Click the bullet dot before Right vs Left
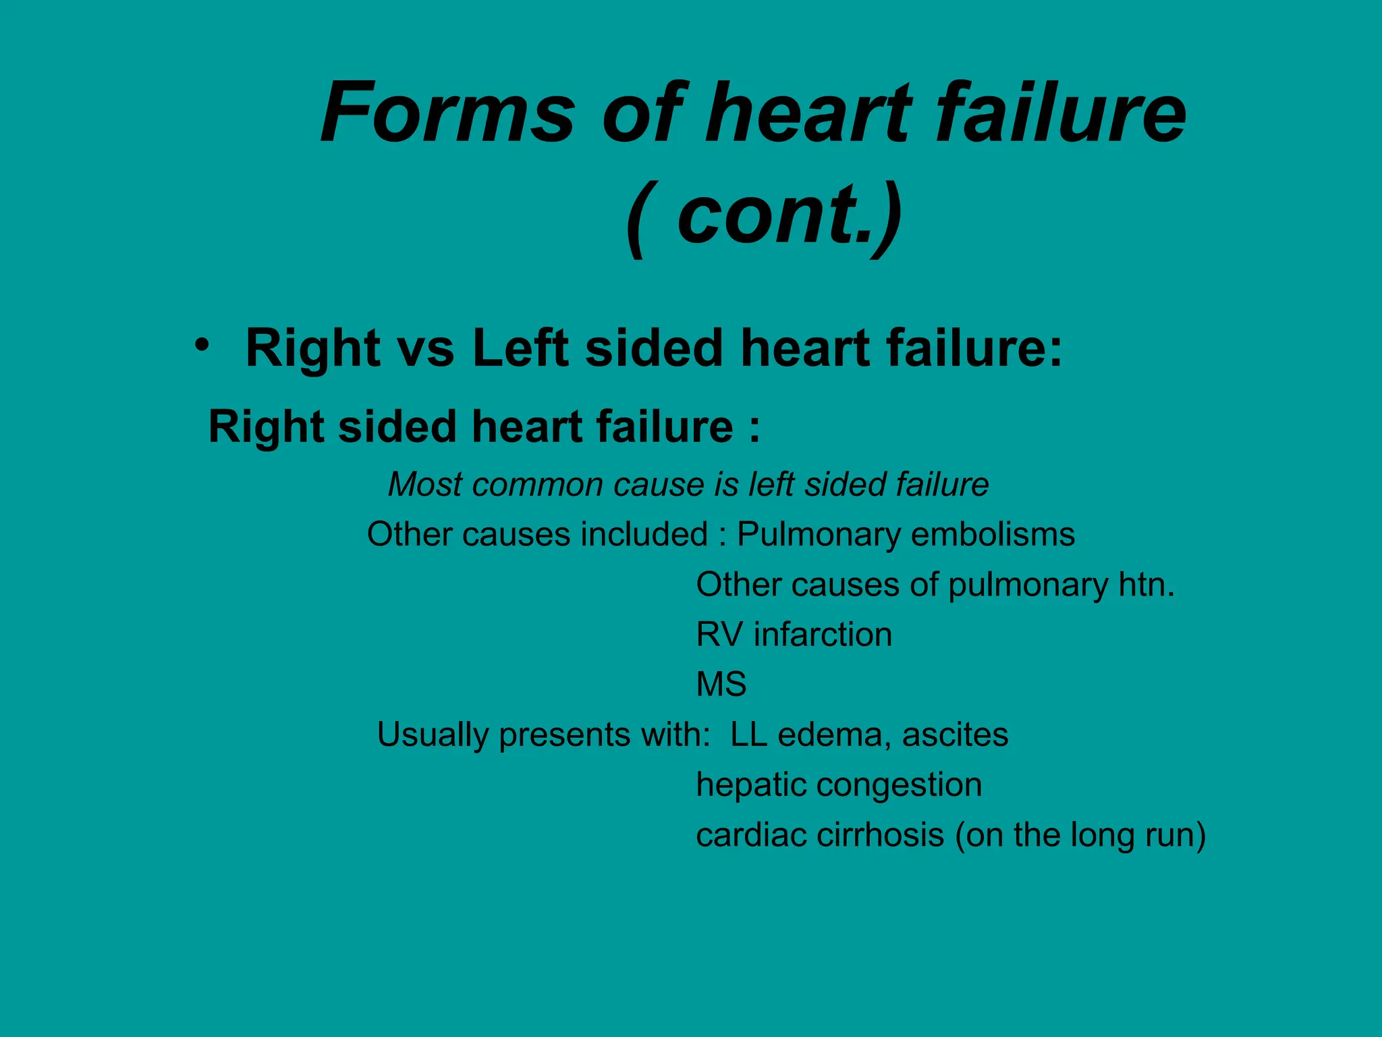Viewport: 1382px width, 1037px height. pyautogui.click(x=201, y=345)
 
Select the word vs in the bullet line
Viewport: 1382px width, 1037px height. pyautogui.click(x=426, y=349)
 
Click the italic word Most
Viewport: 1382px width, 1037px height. pyautogui.click(x=424, y=485)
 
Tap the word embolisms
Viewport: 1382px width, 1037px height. pyautogui.click(x=993, y=535)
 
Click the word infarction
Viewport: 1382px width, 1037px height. pyautogui.click(x=823, y=635)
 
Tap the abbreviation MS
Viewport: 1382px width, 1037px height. pyautogui.click(x=721, y=685)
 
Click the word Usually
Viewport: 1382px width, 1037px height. pyautogui.click(x=432, y=735)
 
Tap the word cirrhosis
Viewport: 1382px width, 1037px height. pyautogui.click(x=880, y=835)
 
